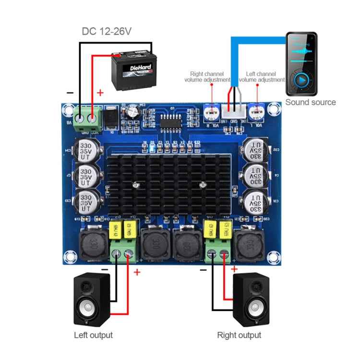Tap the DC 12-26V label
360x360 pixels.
107,32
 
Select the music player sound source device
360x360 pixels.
301,64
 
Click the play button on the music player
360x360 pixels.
301,80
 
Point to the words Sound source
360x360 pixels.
311,102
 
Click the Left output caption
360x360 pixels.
93,335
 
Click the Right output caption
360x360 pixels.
240,335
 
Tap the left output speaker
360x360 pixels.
92,300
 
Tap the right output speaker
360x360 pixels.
251,300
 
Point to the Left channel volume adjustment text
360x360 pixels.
261,77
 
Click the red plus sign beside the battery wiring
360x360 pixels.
100,93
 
